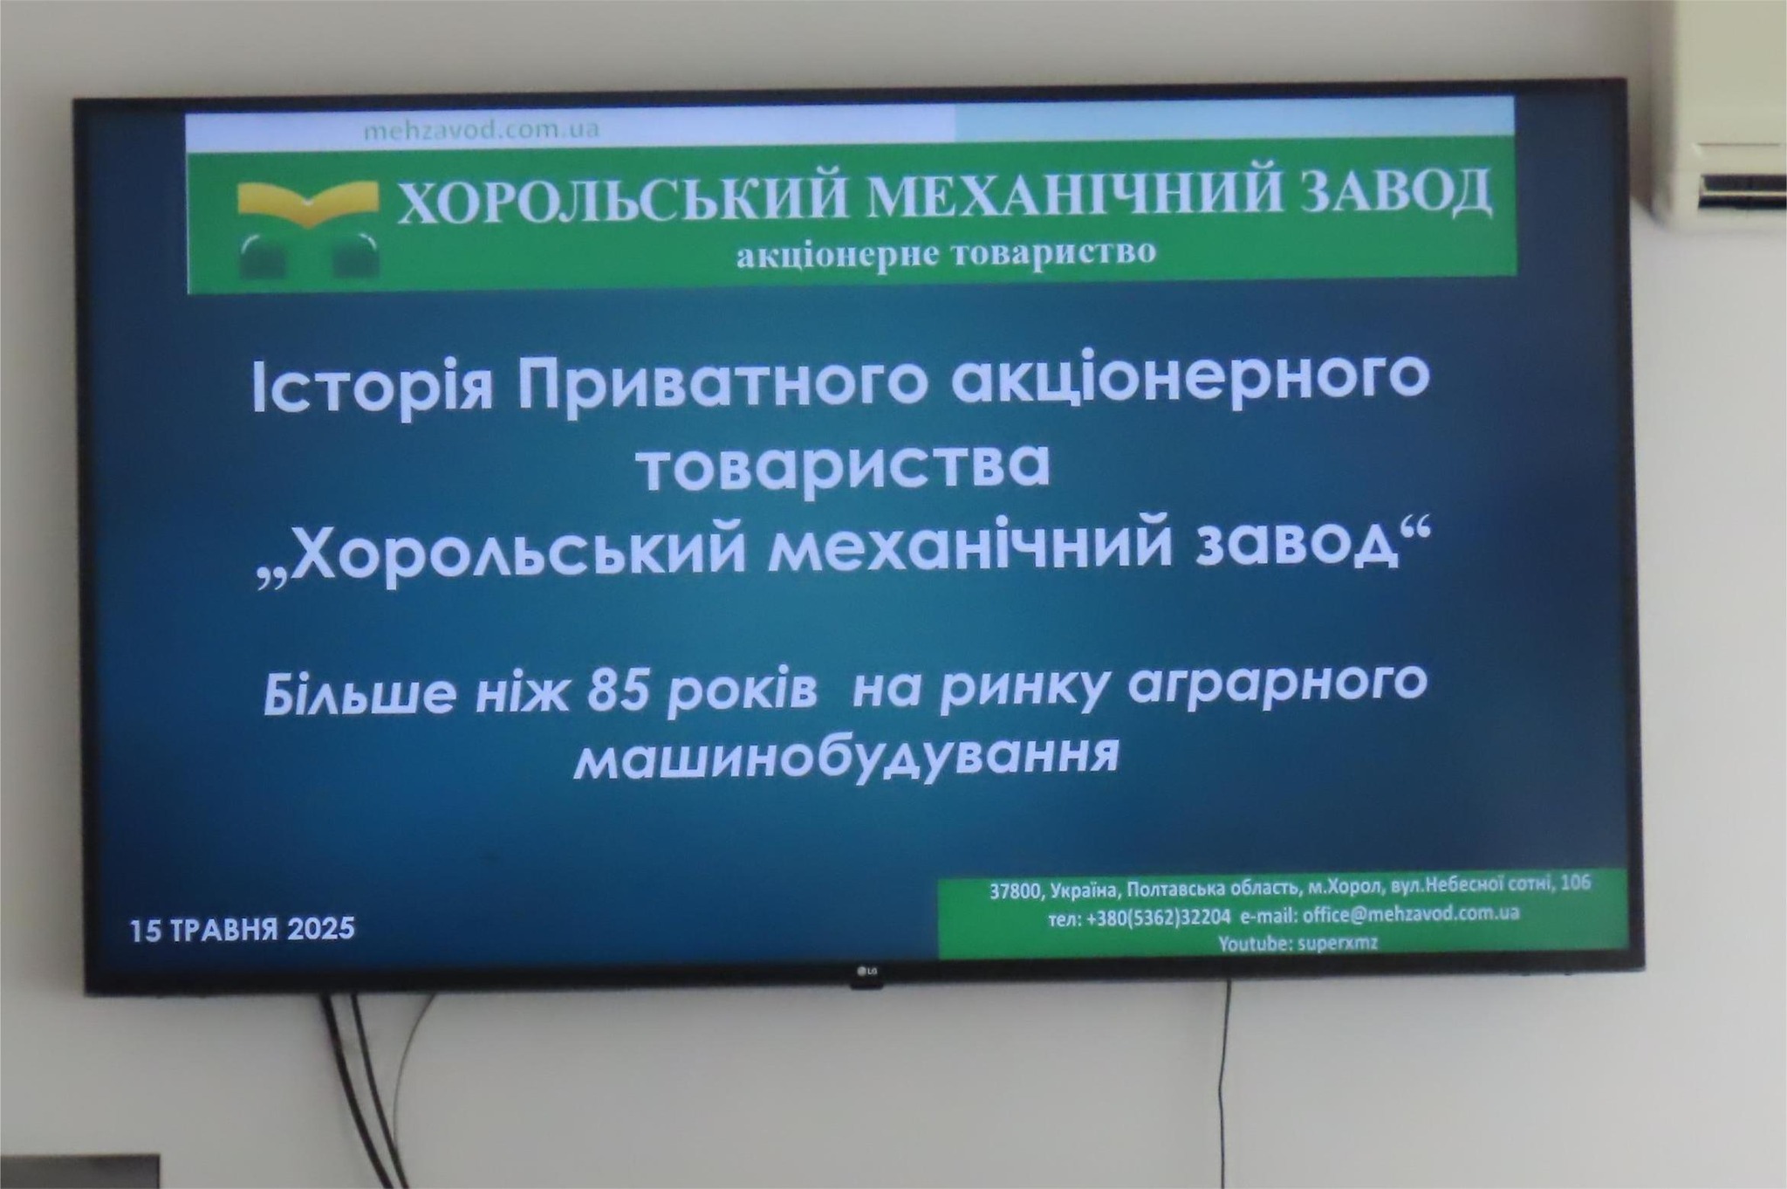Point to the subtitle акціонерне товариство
946,253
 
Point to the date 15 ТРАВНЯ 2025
243,927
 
